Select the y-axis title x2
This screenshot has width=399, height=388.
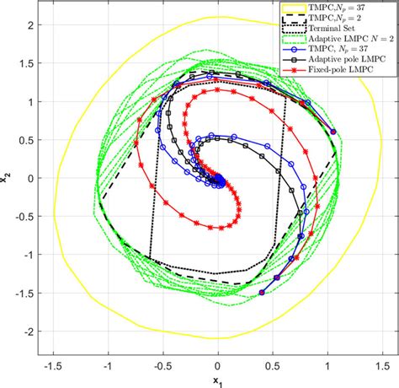(7, 178)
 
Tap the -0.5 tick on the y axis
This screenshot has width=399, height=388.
(18, 217)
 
